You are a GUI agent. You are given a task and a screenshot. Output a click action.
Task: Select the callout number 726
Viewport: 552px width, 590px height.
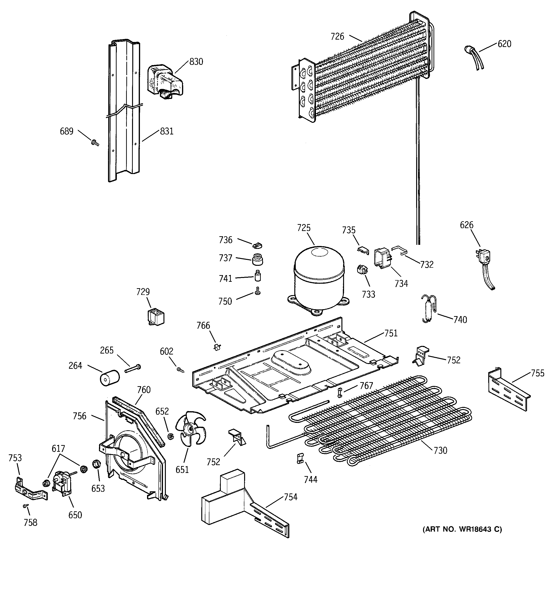coord(337,36)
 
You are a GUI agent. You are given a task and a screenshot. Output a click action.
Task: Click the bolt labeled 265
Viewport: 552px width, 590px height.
coord(133,369)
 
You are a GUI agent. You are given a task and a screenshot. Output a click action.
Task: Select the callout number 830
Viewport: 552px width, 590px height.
coord(196,62)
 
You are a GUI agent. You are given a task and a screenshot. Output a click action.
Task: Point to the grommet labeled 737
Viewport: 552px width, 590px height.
coord(257,259)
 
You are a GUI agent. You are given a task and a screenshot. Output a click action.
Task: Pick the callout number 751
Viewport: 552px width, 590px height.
coord(391,333)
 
